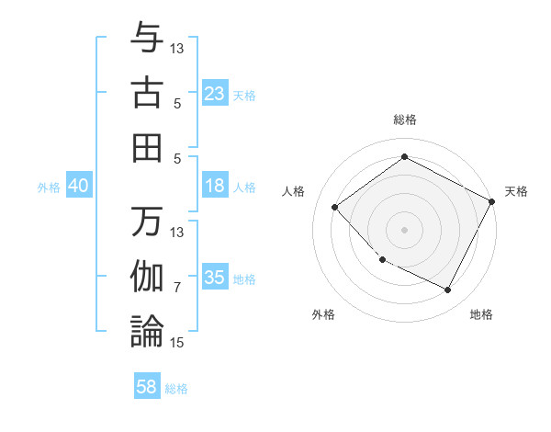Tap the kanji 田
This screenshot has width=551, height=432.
coord(147,147)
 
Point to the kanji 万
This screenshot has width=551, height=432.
coord(147,221)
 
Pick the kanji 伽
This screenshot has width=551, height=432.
coord(147,276)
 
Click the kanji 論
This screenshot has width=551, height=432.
coord(147,331)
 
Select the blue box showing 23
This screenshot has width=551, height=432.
coord(215,94)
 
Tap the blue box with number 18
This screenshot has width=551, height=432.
coord(215,186)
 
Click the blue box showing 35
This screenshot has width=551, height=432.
coord(215,278)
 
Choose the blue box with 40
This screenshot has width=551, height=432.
coord(78,186)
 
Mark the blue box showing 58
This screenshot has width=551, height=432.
coord(147,387)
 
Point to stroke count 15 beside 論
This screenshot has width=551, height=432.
coord(177,343)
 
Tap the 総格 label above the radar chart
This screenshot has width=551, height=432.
coord(405,119)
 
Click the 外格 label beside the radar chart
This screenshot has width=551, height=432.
coord(323,314)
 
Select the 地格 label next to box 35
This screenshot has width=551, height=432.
coord(244,279)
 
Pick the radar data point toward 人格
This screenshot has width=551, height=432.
coord(335,207)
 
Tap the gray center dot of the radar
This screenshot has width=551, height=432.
coord(405,229)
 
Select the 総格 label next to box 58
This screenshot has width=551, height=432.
coord(176,389)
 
